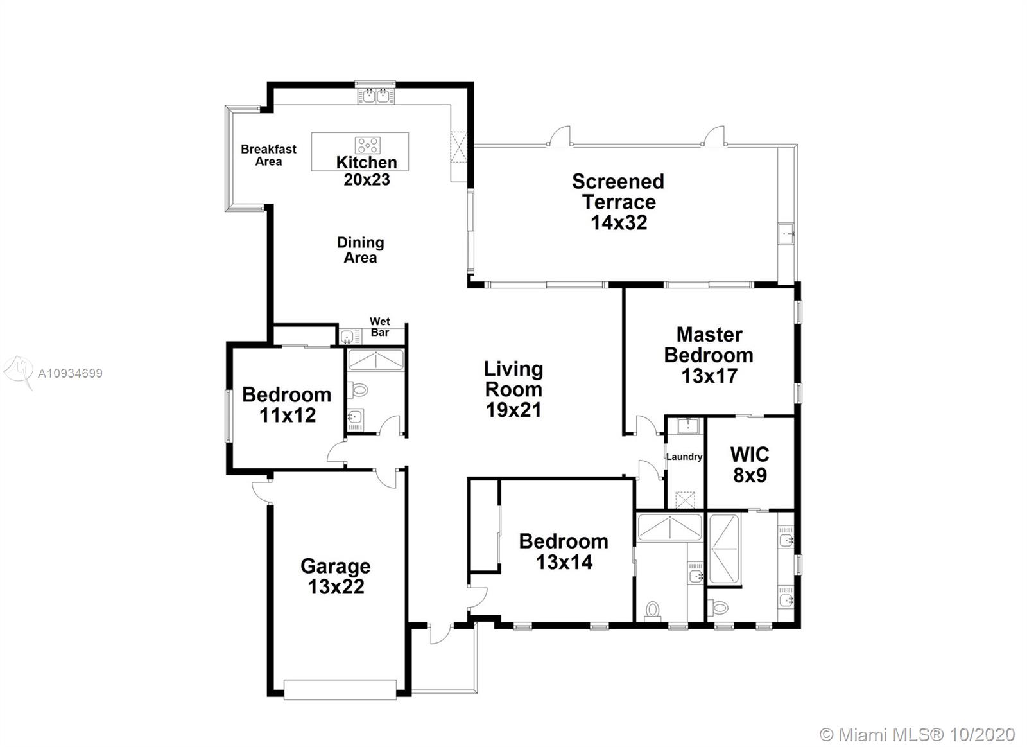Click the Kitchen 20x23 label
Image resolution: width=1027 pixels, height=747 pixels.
pos(367,171)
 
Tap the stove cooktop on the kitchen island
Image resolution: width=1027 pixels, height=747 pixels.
pos(367,145)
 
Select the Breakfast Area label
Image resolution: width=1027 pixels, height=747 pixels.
pos(269,155)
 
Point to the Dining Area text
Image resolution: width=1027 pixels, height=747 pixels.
pos(360,250)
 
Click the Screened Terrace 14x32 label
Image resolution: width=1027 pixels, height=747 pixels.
pos(618,202)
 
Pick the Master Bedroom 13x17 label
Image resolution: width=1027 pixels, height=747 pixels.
pos(709,355)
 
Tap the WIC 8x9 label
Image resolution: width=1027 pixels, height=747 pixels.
pos(750,465)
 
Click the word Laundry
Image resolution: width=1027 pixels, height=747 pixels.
pos(684,457)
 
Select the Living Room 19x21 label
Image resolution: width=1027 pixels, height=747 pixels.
pos(513,389)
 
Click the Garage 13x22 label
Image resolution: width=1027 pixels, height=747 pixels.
pos(336,576)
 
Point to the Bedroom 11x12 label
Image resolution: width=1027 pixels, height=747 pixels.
pos(286,405)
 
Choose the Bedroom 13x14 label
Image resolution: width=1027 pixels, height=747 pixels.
pos(564,552)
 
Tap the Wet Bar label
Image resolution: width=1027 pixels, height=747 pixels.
pos(380,327)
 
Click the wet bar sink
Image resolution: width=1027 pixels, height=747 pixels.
pos(347,337)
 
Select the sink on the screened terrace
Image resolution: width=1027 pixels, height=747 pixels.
pos(786,234)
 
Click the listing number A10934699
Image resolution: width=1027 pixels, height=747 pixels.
pos(70,374)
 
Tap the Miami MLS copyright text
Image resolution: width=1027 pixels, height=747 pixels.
pos(917,735)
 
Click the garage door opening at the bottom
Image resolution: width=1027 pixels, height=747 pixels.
pos(340,690)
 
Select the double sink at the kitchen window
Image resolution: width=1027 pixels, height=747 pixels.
pos(375,96)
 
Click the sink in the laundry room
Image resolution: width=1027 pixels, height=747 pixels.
pos(687,425)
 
